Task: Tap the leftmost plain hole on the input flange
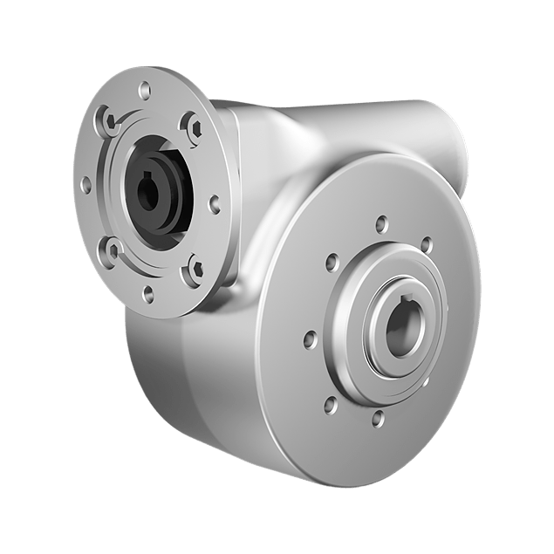tap(85, 184)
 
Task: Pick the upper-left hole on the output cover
tap(332, 259)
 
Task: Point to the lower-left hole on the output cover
tap(329, 402)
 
